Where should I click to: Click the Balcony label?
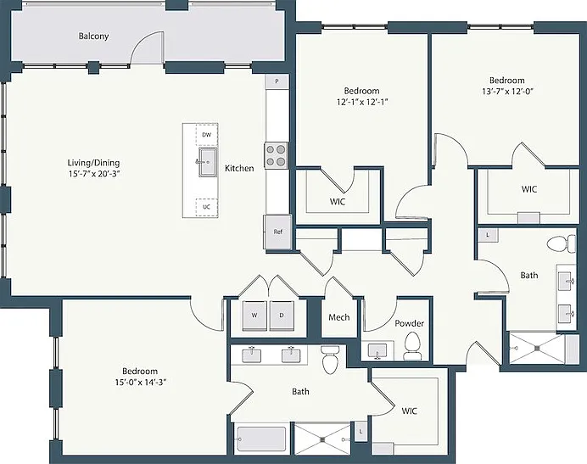point(93,36)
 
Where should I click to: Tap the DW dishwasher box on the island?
point(207,135)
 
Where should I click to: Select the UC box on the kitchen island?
point(206,207)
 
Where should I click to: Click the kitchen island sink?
point(207,162)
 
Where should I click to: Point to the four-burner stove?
point(277,155)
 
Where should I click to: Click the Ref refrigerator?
point(277,232)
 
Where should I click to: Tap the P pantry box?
point(277,81)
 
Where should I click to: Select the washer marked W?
point(254,316)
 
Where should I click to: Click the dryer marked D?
point(282,316)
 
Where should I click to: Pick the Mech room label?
point(339,317)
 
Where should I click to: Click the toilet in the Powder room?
point(412,345)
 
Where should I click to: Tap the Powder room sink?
point(377,351)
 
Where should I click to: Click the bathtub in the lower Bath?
point(261,439)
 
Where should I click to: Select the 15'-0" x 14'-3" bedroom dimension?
point(140,383)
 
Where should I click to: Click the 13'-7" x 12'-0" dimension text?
point(507,91)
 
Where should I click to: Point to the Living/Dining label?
point(93,163)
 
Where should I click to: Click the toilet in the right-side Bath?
point(562,244)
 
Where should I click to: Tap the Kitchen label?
point(239,169)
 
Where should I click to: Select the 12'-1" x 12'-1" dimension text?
point(361,102)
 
